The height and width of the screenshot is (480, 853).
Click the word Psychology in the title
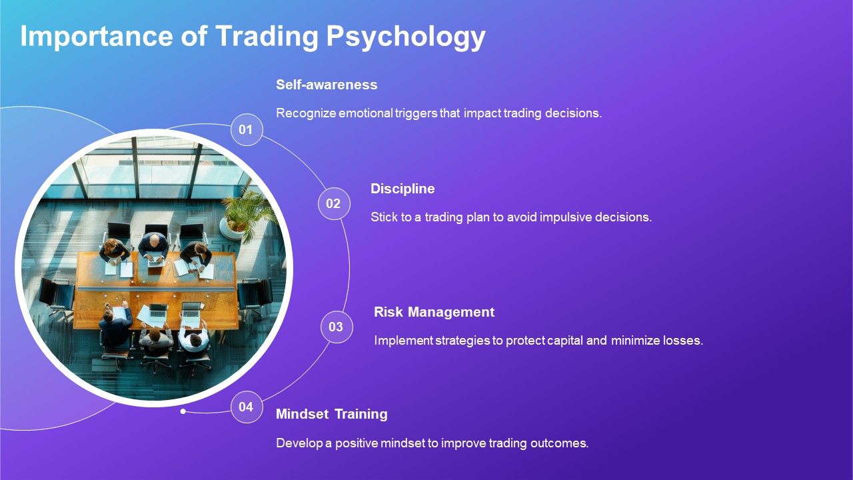click(x=405, y=37)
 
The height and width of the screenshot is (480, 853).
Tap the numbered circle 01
click(x=246, y=130)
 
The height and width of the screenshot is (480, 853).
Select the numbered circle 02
click(x=333, y=204)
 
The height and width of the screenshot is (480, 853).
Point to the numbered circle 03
click(x=336, y=327)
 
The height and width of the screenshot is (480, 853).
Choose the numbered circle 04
click(x=246, y=407)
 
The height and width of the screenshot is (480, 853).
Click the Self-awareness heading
click(x=327, y=85)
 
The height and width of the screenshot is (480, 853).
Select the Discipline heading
click(x=403, y=189)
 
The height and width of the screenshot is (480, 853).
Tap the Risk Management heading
click(x=434, y=312)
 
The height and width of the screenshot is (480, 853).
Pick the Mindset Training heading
click(x=331, y=414)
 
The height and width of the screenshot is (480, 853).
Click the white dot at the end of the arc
click(x=183, y=411)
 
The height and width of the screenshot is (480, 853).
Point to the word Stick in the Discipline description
click(x=383, y=217)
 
